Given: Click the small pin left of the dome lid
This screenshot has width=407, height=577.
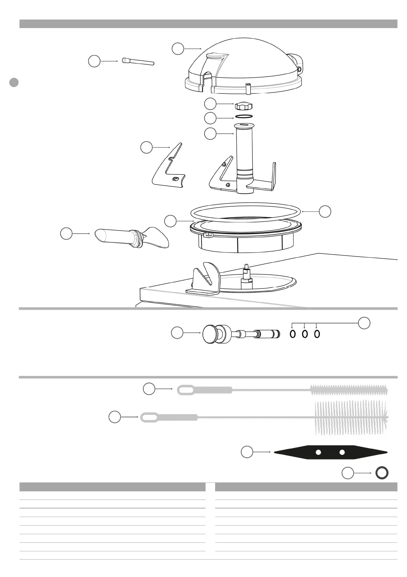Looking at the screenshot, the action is pyautogui.click(x=138, y=62).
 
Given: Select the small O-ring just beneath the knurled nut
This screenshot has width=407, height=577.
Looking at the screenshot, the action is pyautogui.click(x=243, y=117).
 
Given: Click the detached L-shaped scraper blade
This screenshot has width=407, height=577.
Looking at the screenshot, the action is pyautogui.click(x=169, y=168).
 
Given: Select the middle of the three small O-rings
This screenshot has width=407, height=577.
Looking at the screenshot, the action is pyautogui.click(x=305, y=334).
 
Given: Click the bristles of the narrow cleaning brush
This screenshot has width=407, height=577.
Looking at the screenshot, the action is pyautogui.click(x=349, y=389).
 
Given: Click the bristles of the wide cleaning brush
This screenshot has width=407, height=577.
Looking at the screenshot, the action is pyautogui.click(x=351, y=417).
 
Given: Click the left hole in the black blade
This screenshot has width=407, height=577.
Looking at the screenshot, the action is pyautogui.click(x=318, y=452).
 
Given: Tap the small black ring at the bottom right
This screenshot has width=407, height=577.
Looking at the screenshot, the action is pyautogui.click(x=382, y=473).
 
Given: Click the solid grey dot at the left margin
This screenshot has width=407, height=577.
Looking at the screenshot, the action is pyautogui.click(x=14, y=83).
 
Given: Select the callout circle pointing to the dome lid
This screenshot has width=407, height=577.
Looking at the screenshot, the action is pyautogui.click(x=178, y=49).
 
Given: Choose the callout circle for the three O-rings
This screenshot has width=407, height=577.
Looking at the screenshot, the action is pyautogui.click(x=364, y=323).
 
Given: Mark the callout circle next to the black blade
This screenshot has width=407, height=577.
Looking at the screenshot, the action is pyautogui.click(x=247, y=452).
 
